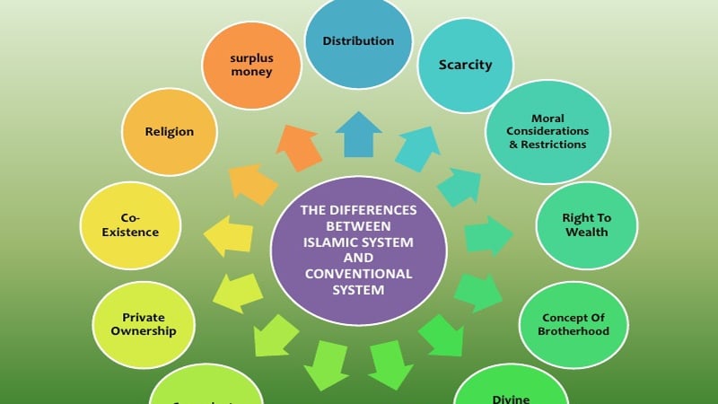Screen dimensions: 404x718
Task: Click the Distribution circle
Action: click(358, 41)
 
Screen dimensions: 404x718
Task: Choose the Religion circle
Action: click(170, 132)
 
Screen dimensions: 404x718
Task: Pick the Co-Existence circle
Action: click(139, 225)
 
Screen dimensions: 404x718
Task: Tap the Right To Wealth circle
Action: click(585, 225)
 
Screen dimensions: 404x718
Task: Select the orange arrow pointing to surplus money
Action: click(300, 146)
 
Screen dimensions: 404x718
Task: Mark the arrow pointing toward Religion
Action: click(253, 183)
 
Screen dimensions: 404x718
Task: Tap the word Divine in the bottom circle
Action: click(512, 399)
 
